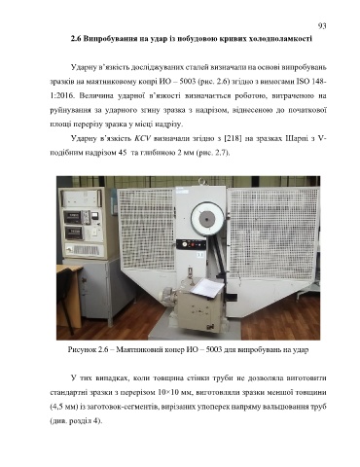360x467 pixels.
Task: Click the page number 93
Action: [x=322, y=26]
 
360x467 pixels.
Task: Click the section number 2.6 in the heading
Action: [x=76, y=39]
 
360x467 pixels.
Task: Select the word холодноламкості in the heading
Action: [x=280, y=39]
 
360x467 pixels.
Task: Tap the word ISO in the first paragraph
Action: [x=304, y=82]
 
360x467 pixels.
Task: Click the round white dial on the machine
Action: [x=208, y=218]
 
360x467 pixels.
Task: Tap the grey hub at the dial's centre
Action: [x=206, y=219]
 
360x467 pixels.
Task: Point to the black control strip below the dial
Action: [x=192, y=244]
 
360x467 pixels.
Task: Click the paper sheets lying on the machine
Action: [x=206, y=288]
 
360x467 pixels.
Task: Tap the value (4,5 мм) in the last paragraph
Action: [x=62, y=407]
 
